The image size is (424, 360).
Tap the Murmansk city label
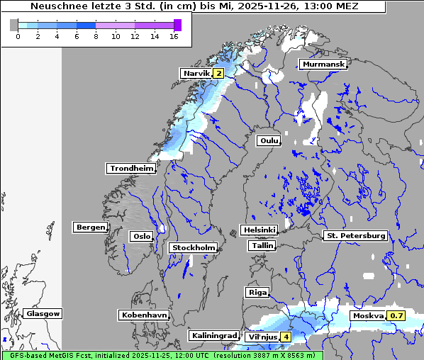pyautogui.click(x=324, y=64)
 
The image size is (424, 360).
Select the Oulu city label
pyautogui.click(x=269, y=140)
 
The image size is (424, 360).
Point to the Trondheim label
pyautogui.click(x=131, y=168)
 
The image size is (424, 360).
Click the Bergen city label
pyautogui.click(x=89, y=227)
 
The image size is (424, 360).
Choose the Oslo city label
pyautogui.click(x=141, y=236)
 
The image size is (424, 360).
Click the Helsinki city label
pyautogui.click(x=259, y=230)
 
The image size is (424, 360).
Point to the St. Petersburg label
pyautogui.click(x=355, y=235)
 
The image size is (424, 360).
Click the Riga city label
pyautogui.click(x=257, y=292)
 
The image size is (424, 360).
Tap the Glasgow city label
pyautogui.click(x=43, y=313)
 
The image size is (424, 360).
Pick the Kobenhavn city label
pyautogui.click(x=144, y=314)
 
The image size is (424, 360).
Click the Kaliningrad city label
pyautogui.click(x=213, y=335)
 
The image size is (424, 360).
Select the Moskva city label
pyautogui.click(x=369, y=315)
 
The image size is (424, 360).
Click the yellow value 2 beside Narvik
pyautogui.click(x=218, y=73)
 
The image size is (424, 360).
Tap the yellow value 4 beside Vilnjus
pyautogui.click(x=286, y=337)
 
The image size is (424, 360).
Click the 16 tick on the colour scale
pyautogui.click(x=174, y=36)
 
